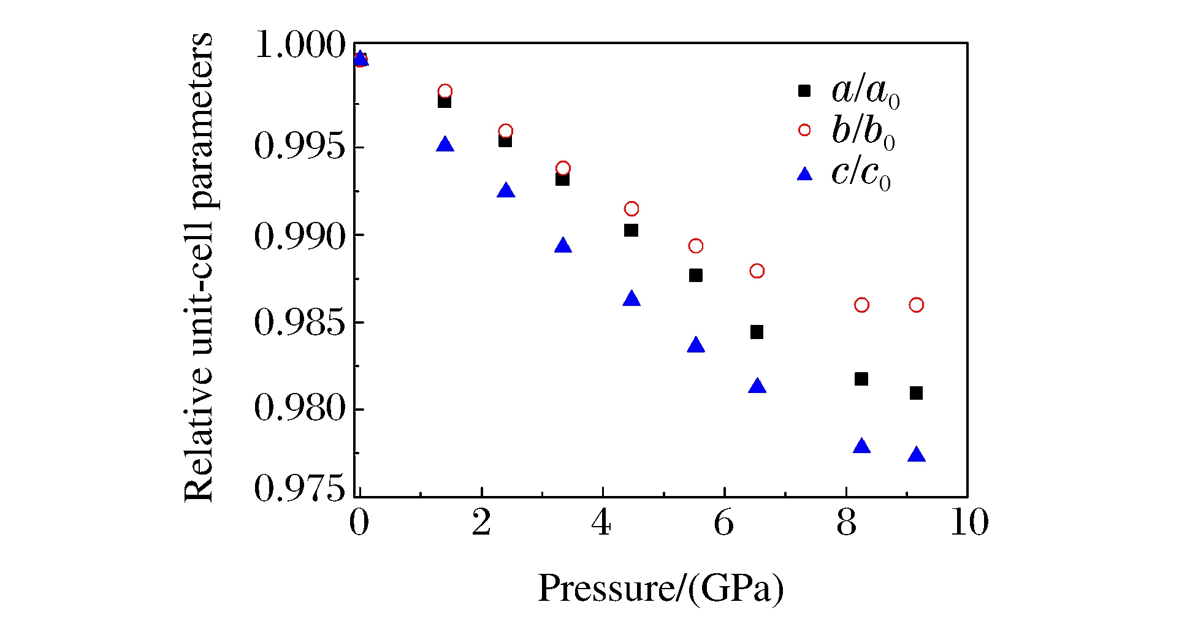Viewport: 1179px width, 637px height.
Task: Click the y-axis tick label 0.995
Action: point(300,147)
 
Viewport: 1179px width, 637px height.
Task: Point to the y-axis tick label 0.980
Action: point(300,408)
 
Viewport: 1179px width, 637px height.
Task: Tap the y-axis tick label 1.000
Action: point(300,45)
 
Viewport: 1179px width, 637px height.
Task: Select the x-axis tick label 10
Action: point(969,523)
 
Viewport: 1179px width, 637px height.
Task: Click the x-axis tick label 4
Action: point(601,523)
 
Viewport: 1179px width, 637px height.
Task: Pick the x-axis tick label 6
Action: point(723,523)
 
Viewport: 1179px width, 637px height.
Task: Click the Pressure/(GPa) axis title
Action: point(661,589)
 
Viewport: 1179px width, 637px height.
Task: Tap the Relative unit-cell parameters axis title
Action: point(199,267)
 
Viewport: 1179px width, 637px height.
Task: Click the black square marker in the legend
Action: point(804,91)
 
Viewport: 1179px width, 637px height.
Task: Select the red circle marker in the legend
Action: point(804,130)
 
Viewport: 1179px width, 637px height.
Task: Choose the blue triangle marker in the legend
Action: point(804,175)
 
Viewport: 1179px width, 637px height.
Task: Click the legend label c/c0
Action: point(861,174)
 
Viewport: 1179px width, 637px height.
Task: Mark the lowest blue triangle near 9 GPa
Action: point(916,455)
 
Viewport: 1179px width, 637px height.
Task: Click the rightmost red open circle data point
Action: point(916,305)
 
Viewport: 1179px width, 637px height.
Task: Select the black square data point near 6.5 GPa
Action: point(757,332)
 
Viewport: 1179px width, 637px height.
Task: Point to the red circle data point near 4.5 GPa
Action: point(631,209)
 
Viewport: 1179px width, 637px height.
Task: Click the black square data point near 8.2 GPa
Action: point(861,379)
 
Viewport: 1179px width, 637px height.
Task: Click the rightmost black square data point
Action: point(916,393)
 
